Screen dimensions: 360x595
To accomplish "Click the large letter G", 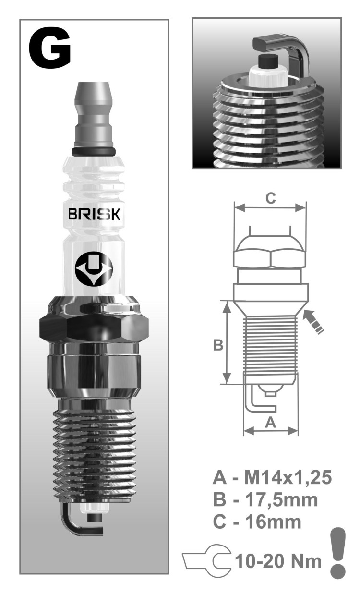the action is click(x=49, y=49).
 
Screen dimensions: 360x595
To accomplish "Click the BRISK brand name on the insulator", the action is click(x=94, y=214).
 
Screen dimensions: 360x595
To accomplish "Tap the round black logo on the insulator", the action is click(x=94, y=269).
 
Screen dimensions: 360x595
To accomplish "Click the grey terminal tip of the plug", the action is click(x=94, y=115).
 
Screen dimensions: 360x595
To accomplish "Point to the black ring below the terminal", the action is click(x=94, y=151).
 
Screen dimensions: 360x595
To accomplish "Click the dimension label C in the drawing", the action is click(x=271, y=198).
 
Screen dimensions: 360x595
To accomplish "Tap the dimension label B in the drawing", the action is click(x=218, y=345).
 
